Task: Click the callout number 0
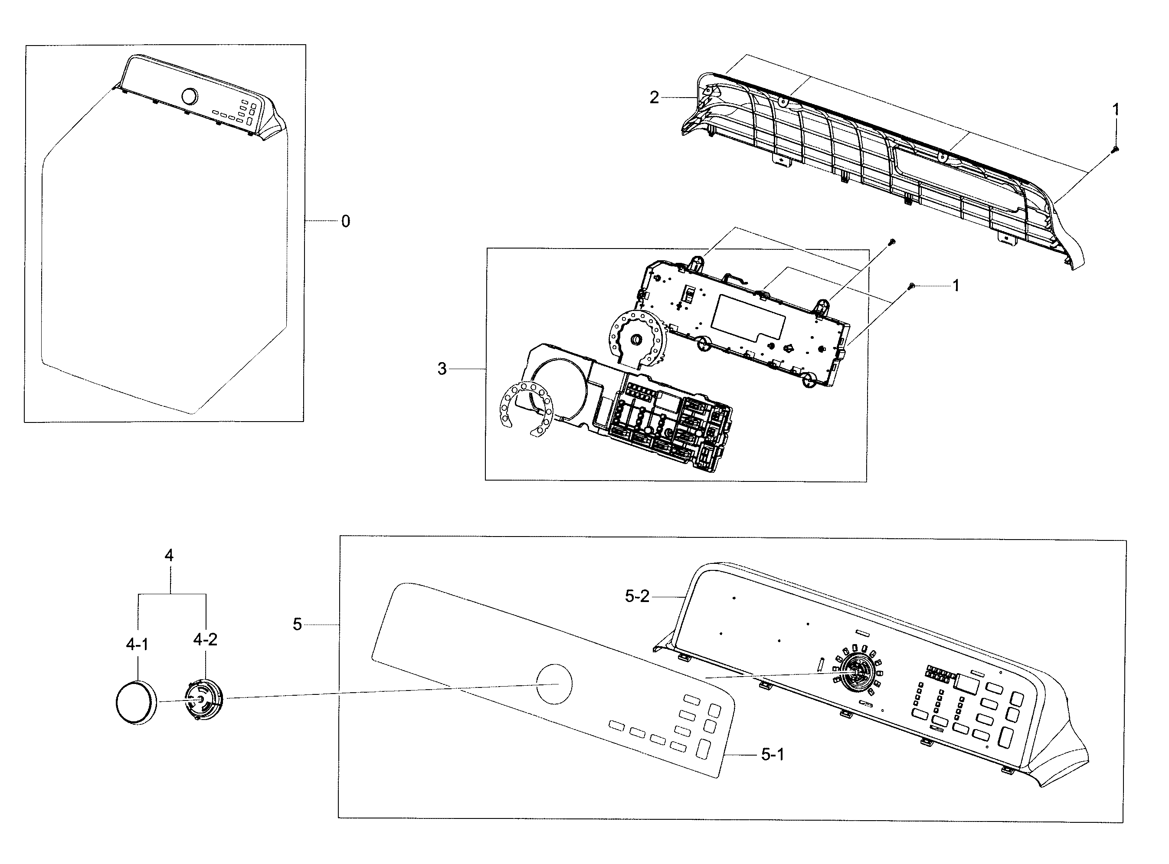(x=345, y=222)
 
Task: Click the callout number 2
(x=654, y=97)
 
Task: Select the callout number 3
(x=442, y=369)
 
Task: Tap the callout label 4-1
(x=137, y=645)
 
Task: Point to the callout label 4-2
(x=205, y=639)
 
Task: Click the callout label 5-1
(x=772, y=754)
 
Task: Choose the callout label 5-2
(x=637, y=596)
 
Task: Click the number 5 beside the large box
(x=297, y=625)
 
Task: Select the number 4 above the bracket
(x=169, y=556)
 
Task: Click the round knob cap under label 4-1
(x=136, y=702)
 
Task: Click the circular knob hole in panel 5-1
(x=554, y=684)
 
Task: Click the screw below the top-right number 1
(x=1114, y=150)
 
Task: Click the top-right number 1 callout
(x=1116, y=110)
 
